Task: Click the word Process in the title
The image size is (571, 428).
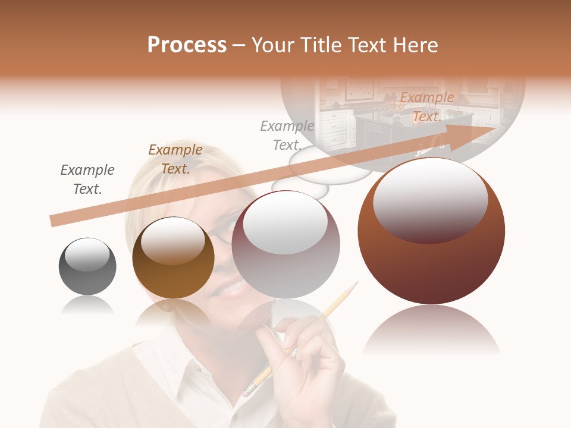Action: point(187,45)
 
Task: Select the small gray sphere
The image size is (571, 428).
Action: point(87,266)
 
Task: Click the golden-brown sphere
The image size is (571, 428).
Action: point(173,257)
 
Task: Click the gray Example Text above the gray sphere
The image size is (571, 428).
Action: point(87,180)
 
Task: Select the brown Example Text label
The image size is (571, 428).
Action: point(175,159)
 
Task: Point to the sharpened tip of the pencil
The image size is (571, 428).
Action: point(356,284)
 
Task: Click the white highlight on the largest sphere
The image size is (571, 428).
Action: point(430,199)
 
